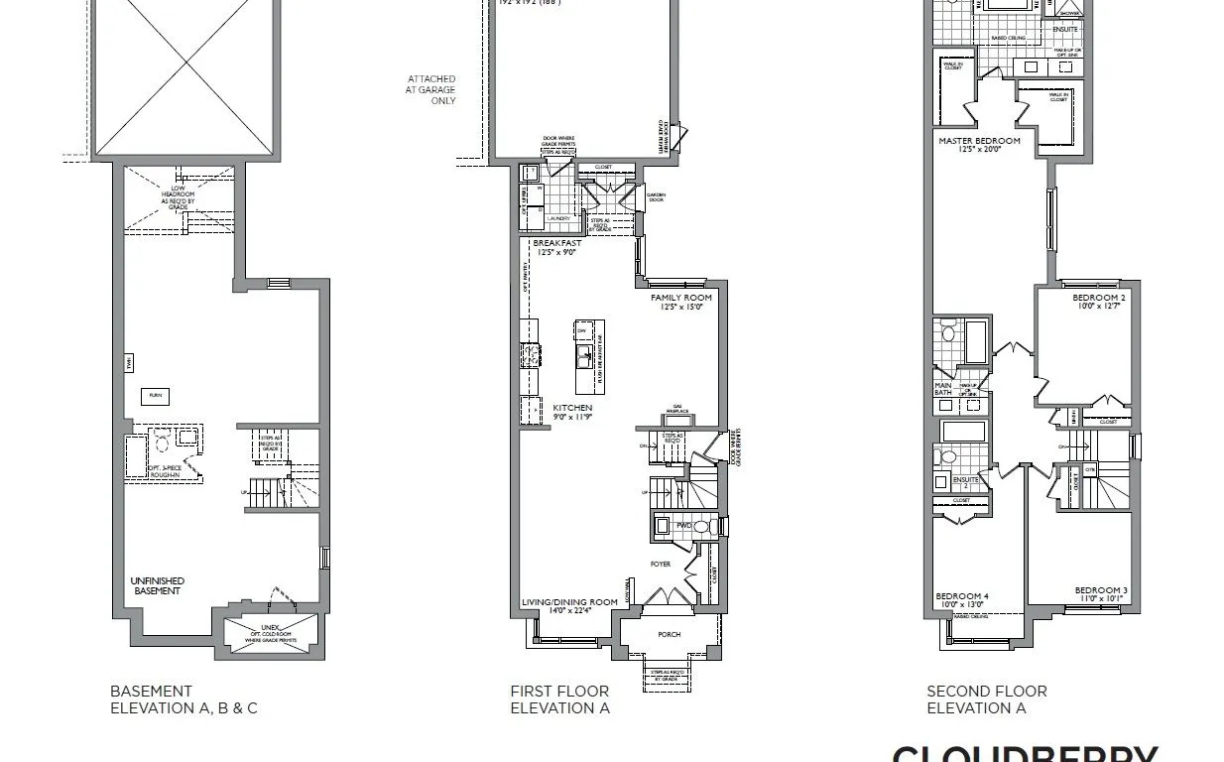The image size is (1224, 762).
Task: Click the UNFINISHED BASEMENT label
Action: pyautogui.click(x=158, y=585)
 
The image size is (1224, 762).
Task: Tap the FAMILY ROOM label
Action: pyautogui.click(x=681, y=298)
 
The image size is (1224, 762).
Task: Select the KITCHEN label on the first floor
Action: pyautogui.click(x=572, y=408)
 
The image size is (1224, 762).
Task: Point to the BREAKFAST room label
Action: pyautogui.click(x=556, y=243)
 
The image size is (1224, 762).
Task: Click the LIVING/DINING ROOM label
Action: pyautogui.click(x=569, y=602)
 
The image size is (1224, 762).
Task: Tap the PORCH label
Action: pyautogui.click(x=670, y=634)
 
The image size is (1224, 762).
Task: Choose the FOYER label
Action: pyautogui.click(x=661, y=565)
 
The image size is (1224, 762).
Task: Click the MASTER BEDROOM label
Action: pyautogui.click(x=979, y=141)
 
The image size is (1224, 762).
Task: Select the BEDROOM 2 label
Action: pyautogui.click(x=1099, y=298)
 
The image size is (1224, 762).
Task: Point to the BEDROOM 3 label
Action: pyautogui.click(x=1101, y=590)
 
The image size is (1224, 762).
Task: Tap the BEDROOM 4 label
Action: pyautogui.click(x=962, y=596)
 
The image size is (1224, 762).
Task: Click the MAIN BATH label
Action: pyautogui.click(x=943, y=389)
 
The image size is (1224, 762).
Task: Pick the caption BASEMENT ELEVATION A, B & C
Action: pyautogui.click(x=184, y=699)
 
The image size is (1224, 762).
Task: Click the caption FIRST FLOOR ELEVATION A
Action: pyautogui.click(x=560, y=699)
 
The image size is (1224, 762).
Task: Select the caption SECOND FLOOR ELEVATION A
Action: pyautogui.click(x=987, y=699)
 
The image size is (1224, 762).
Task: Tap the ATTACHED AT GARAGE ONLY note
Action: pyautogui.click(x=431, y=89)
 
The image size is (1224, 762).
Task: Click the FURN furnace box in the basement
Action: pyautogui.click(x=156, y=395)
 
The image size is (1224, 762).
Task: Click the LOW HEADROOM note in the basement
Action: pyautogui.click(x=179, y=196)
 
